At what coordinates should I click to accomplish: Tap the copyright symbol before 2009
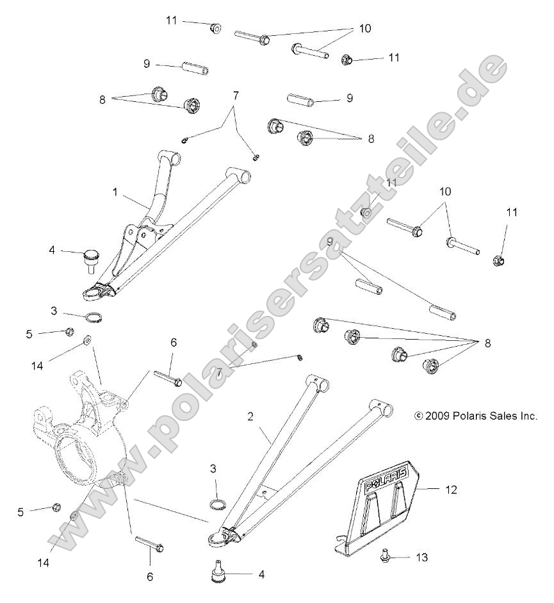coord(437,416)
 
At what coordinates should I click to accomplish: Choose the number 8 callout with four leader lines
coord(488,344)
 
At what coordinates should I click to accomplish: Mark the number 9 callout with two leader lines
coord(330,242)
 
